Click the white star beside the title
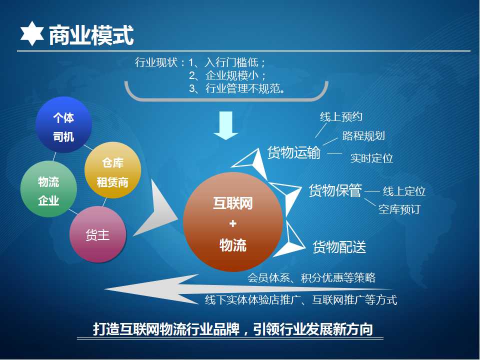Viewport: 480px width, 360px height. click(32, 33)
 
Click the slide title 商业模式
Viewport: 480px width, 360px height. click(91, 35)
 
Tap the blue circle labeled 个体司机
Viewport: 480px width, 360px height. click(63, 125)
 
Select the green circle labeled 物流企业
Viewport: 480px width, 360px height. click(48, 189)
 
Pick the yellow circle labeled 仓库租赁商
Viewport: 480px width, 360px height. click(112, 170)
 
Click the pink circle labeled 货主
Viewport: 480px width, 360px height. click(98, 234)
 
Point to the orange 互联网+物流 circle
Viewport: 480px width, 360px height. click(232, 222)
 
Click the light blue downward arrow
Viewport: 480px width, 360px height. click(226, 125)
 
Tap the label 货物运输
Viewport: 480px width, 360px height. click(294, 152)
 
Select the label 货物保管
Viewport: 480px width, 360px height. click(335, 190)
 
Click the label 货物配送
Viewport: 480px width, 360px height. click(339, 246)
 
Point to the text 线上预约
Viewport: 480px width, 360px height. click(341, 116)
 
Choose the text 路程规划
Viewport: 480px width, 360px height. click(363, 135)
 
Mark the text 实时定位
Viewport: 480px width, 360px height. click(371, 158)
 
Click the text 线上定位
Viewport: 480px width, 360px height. click(404, 191)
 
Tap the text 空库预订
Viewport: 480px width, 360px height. click(399, 209)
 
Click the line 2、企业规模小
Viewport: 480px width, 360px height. click(227, 75)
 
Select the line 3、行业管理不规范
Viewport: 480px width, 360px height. click(237, 88)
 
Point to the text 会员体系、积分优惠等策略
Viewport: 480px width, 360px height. click(311, 277)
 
